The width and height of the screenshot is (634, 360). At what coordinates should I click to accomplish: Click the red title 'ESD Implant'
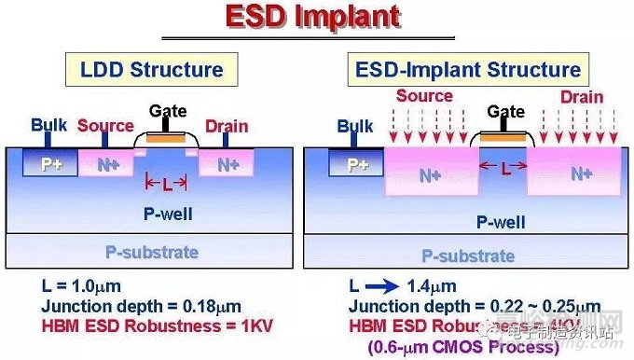[x=318, y=19]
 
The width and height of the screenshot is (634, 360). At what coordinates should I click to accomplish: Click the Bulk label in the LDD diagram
[x=48, y=124]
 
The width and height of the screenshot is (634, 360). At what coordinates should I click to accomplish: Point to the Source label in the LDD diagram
[x=105, y=125]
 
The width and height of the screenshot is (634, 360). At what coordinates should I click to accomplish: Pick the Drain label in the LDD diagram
[x=227, y=125]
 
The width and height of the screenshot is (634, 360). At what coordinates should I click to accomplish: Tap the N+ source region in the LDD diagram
[x=105, y=166]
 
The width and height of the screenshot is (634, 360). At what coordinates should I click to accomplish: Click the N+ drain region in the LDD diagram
[x=227, y=166]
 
